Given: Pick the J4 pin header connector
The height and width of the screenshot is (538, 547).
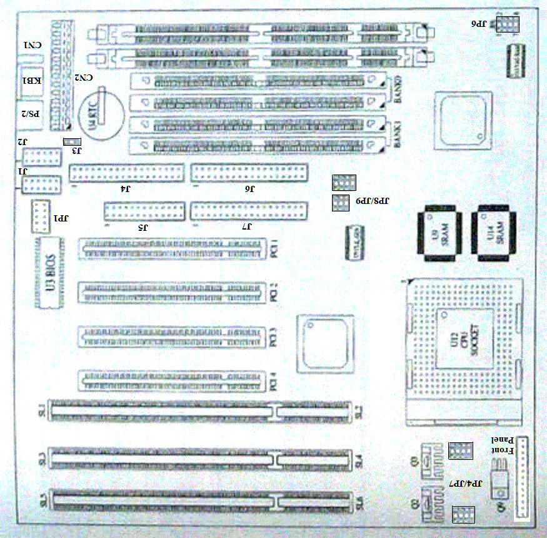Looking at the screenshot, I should pyautogui.click(x=127, y=172).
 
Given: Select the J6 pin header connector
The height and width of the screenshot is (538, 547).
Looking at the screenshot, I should pyautogui.click(x=250, y=172).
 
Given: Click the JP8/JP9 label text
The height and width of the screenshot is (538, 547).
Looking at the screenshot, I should pyautogui.click(x=373, y=201).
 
